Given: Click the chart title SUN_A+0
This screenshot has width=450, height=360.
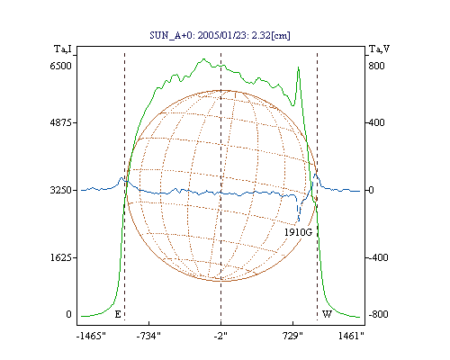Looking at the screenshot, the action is [x=171, y=36].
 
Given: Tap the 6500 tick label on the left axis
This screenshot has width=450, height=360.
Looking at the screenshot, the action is [x=60, y=66].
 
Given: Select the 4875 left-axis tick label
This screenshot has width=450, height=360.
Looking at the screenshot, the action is [x=60, y=122].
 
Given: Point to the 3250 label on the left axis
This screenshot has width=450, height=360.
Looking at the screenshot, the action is [x=60, y=190].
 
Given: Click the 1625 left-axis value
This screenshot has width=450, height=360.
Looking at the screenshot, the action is [x=60, y=257].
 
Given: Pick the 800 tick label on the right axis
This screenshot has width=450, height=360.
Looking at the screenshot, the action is [x=376, y=66].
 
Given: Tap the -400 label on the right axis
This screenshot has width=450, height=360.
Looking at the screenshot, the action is [x=377, y=257].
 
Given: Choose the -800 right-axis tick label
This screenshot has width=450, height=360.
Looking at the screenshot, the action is [x=378, y=314].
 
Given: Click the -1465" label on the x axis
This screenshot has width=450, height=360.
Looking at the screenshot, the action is [x=91, y=336].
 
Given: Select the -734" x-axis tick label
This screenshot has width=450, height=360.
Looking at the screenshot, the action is [x=148, y=336].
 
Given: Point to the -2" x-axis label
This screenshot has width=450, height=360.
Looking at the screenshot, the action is [x=220, y=336].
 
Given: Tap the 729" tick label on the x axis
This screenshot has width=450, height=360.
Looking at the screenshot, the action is [x=292, y=336].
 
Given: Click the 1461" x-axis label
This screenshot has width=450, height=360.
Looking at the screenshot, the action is [x=351, y=336].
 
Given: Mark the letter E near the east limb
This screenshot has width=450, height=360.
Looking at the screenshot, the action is [x=118, y=314].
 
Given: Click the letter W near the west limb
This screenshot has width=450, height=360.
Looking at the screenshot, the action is [x=327, y=314].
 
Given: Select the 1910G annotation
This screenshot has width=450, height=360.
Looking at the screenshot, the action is [x=298, y=232].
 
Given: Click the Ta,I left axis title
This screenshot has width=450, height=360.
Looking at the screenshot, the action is [x=63, y=49].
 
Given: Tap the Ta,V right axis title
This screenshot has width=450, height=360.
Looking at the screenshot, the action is [x=379, y=49].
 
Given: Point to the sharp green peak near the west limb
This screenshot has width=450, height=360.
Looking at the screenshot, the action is [x=298, y=67].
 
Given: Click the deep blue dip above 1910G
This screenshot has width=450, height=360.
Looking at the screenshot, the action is [x=298, y=220].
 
